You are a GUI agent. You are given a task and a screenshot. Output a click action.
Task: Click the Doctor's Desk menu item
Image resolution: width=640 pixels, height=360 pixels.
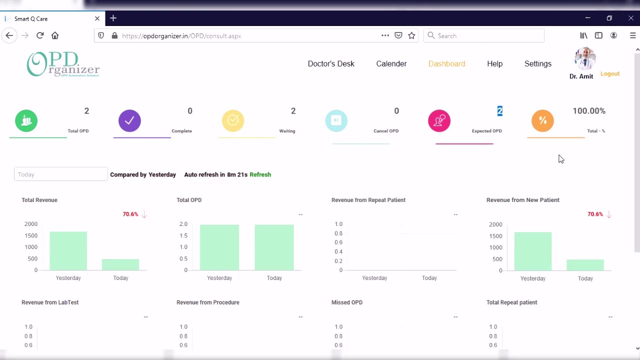click(x=330, y=63)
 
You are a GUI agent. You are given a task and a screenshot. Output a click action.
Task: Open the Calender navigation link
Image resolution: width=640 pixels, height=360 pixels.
click(x=391, y=63)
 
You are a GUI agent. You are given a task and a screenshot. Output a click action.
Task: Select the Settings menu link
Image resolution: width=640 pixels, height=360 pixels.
click(x=537, y=63)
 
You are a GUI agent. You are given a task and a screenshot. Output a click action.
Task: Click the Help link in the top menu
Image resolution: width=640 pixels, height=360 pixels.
click(x=494, y=63)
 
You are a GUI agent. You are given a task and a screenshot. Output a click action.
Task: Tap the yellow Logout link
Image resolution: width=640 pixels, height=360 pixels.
click(x=609, y=73)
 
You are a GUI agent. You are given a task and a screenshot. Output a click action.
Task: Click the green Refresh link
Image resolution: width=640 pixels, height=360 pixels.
click(x=260, y=174)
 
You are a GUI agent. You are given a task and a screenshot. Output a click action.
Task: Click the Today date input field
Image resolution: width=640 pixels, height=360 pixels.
click(x=60, y=174)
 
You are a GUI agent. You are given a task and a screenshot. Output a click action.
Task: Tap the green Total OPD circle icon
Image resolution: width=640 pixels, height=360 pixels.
click(x=26, y=120)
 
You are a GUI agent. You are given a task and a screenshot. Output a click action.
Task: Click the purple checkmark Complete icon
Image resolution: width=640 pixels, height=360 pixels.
click(x=129, y=120)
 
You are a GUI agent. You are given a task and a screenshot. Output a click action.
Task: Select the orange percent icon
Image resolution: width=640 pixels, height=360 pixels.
click(x=542, y=120)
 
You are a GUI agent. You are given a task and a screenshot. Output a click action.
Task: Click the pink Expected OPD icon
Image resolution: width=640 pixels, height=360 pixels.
click(x=439, y=120)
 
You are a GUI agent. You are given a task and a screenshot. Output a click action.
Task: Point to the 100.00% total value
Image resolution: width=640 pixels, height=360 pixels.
click(x=588, y=111)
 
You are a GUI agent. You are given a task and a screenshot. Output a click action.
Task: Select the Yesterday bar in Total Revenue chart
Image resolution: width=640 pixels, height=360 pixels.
click(x=68, y=251)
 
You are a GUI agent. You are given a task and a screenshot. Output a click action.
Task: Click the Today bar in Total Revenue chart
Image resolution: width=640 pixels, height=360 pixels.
click(x=120, y=264)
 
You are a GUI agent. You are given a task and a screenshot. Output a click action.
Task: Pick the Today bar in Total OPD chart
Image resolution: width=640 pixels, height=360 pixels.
click(x=274, y=247)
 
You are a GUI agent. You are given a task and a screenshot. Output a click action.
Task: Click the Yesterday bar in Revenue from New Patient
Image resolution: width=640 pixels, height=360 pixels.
click(x=533, y=251)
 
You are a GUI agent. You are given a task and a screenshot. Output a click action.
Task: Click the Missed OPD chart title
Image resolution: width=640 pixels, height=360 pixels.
click(x=346, y=302)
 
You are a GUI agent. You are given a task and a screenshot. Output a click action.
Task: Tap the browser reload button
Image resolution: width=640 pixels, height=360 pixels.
click(x=40, y=35)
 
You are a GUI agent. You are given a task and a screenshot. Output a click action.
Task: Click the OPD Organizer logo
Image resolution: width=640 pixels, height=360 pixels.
click(x=63, y=64)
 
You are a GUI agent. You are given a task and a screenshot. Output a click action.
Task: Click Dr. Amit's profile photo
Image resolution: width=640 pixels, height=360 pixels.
click(x=584, y=59)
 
